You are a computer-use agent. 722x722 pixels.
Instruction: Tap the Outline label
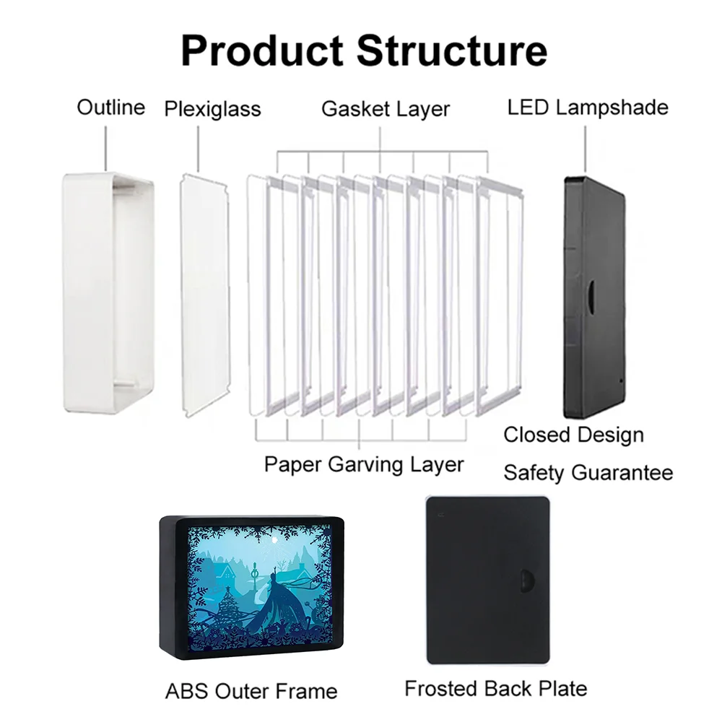pyautogui.click(x=111, y=108)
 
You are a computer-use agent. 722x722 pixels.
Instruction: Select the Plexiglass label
pyautogui.click(x=212, y=110)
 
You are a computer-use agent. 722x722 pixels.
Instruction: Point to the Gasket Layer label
pyautogui.click(x=386, y=109)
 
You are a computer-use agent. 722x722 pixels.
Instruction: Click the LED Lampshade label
pyautogui.click(x=587, y=108)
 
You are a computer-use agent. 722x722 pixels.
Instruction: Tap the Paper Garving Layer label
pyautogui.click(x=364, y=464)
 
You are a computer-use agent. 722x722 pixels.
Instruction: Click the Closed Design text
pyautogui.click(x=573, y=435)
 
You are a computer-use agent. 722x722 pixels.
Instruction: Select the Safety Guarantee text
pyautogui.click(x=588, y=473)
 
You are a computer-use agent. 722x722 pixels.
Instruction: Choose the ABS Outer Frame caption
pyautogui.click(x=251, y=691)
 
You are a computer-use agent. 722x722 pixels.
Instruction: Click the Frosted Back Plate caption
pyautogui.click(x=495, y=688)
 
